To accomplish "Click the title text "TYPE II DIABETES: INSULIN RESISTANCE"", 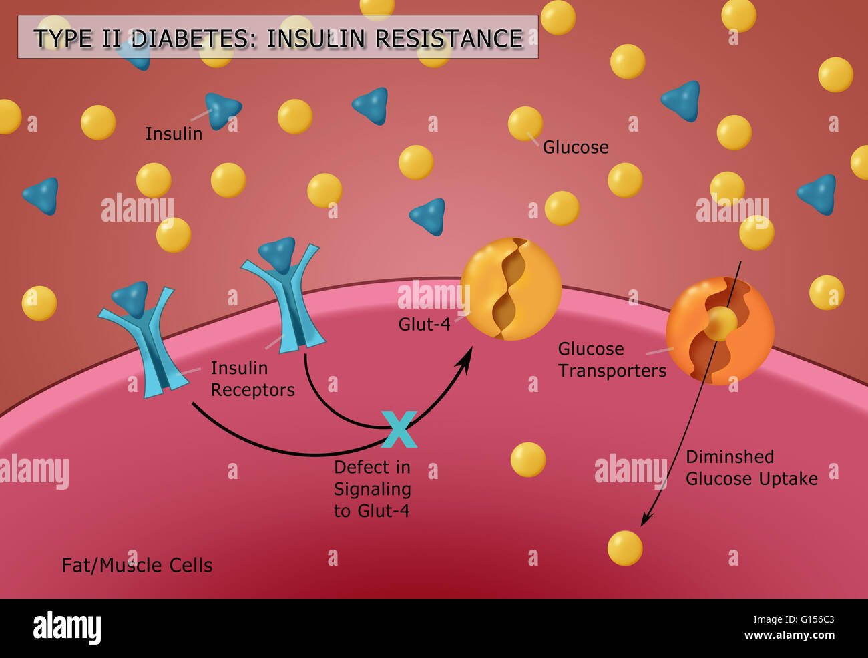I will point(278,38).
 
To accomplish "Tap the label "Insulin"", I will point(174,134).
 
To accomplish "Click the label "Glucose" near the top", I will point(575,147).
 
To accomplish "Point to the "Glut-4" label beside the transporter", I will point(424,324).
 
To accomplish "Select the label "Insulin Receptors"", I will point(252,379).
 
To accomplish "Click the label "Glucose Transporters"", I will point(612,359).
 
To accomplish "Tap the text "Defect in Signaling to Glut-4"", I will point(372,489).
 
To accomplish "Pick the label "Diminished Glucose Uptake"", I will point(751,468).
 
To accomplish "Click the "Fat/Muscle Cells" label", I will point(137,565).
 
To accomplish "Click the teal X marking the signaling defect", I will point(399,429).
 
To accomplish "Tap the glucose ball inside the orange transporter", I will point(721,324).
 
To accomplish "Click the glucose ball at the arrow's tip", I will point(625,548).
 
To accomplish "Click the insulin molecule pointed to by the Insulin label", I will point(222,110).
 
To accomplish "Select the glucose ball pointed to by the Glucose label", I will point(525,124).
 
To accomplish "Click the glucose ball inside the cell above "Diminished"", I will point(527,460).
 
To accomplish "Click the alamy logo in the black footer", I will point(67,628).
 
